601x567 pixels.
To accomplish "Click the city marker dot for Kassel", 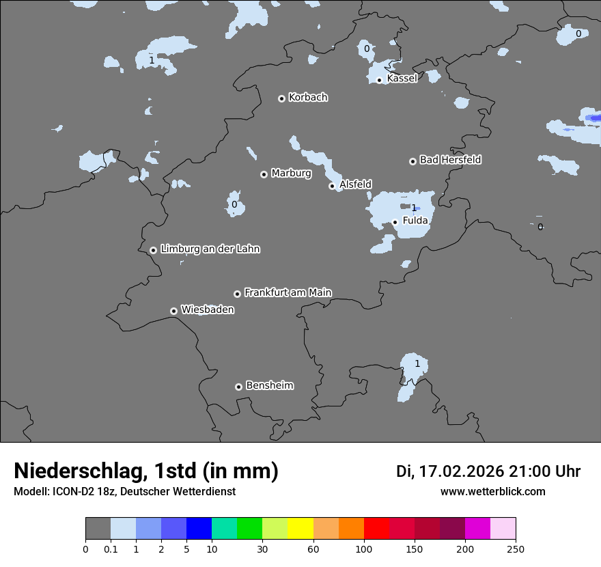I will [x=379, y=80].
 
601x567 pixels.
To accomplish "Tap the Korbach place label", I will [x=308, y=98].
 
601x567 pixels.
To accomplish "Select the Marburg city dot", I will [x=264, y=174].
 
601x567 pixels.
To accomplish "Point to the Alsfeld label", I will [x=355, y=184].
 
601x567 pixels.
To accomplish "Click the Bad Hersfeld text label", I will [x=450, y=160].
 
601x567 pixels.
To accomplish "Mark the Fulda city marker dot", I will [x=395, y=222].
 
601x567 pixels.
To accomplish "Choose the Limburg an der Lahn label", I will [x=210, y=249].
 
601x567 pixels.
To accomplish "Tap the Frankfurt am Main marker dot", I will [x=237, y=294].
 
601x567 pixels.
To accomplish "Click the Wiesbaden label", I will [x=208, y=310].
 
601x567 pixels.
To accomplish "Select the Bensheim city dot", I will [x=238, y=387].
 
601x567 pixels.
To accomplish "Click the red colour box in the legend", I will [x=376, y=529].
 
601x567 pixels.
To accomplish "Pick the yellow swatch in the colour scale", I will [x=300, y=529].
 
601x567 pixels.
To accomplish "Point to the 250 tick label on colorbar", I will [x=516, y=549].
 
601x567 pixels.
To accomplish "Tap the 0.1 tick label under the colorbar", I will [x=111, y=549].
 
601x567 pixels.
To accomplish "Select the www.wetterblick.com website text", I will [x=493, y=492].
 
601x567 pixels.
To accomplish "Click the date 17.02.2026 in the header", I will [x=462, y=471].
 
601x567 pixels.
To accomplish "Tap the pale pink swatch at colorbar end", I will [x=503, y=529].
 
